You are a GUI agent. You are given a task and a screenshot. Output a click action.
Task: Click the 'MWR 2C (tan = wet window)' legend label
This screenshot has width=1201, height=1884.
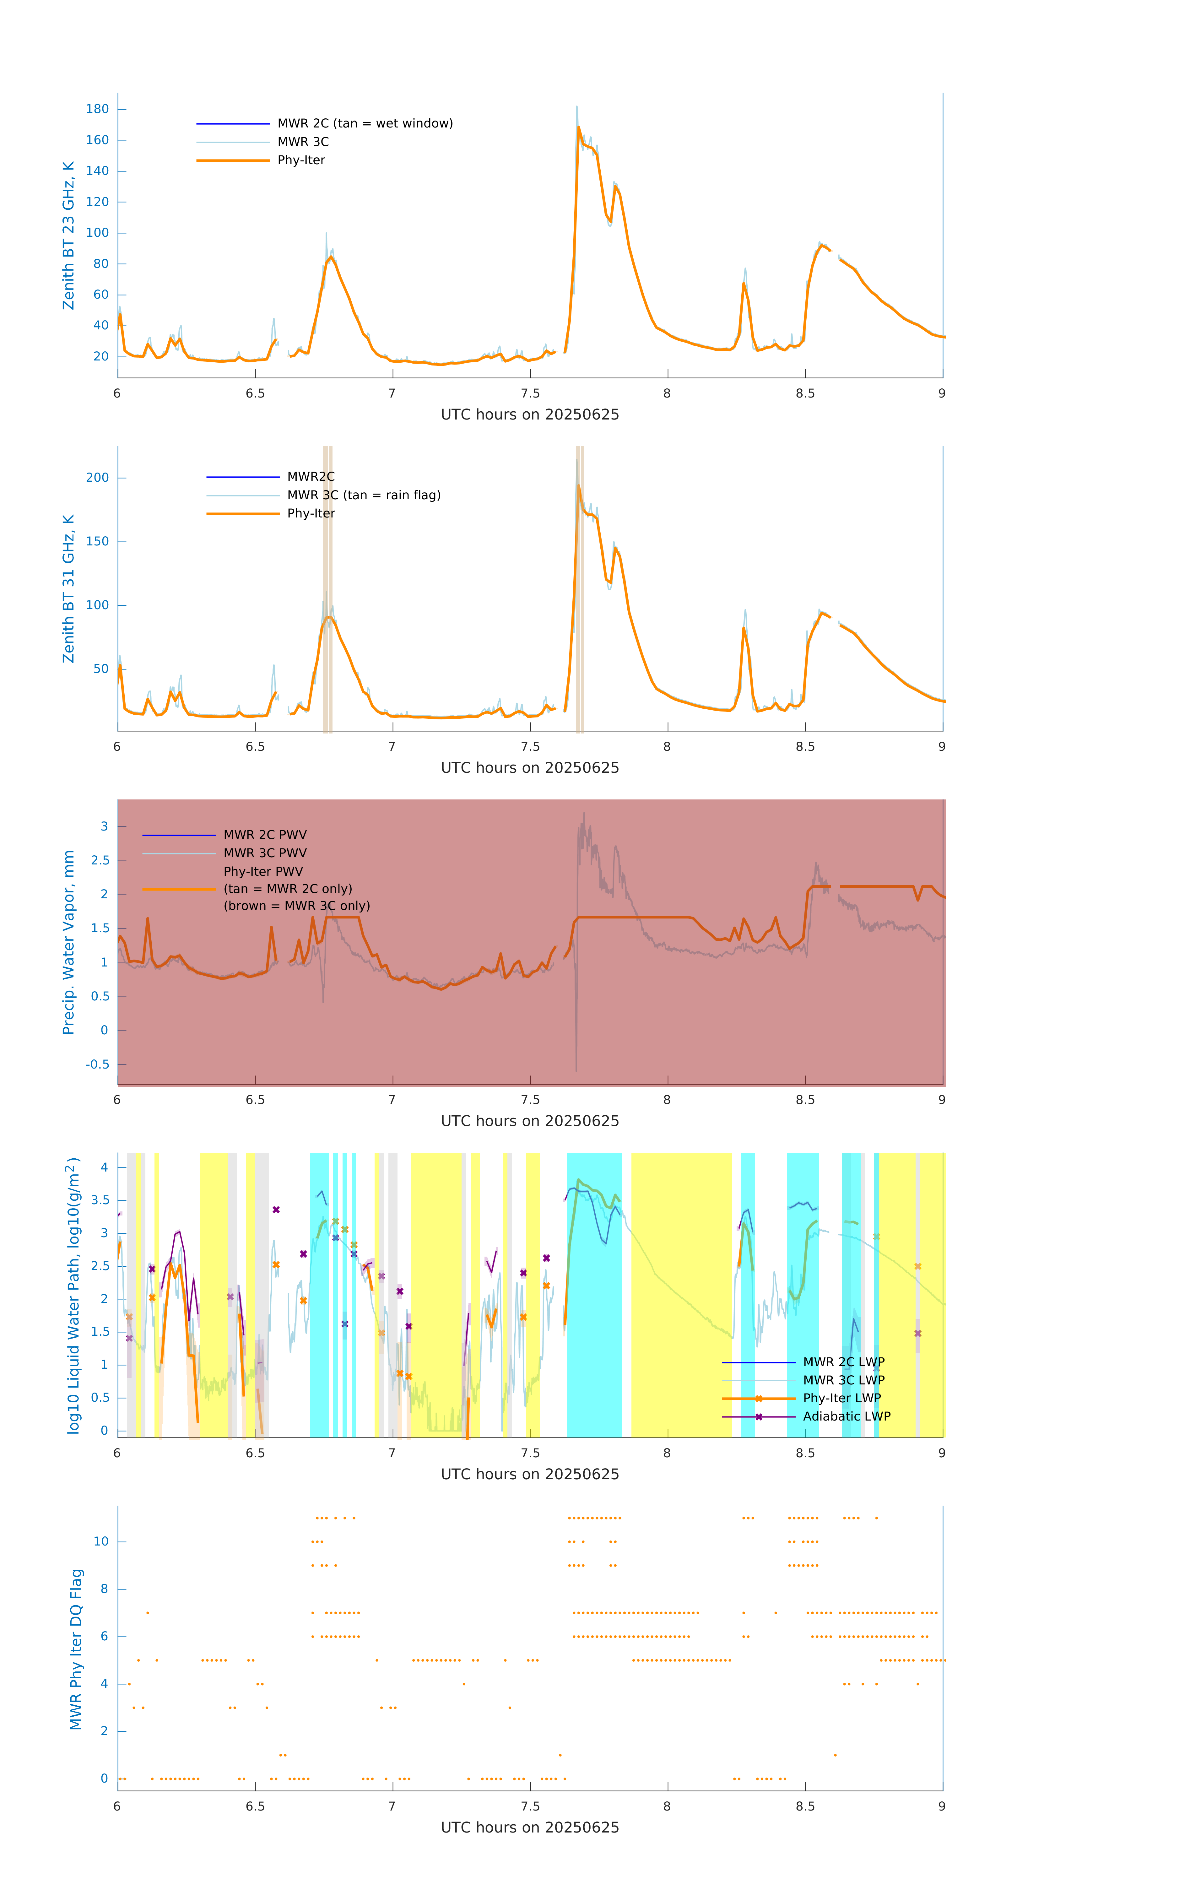tap(365, 124)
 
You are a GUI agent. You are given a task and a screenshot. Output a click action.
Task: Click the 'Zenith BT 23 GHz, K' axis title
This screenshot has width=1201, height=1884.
tap(69, 235)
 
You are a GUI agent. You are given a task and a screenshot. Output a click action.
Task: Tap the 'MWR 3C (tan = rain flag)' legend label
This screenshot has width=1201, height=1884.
tap(364, 495)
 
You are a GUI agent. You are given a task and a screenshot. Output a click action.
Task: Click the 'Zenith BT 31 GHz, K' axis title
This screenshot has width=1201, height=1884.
tap(69, 588)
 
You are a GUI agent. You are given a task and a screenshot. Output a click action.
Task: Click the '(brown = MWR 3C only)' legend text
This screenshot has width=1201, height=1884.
tap(296, 906)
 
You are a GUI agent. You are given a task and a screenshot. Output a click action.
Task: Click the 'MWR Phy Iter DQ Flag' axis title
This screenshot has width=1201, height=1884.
tap(76, 1648)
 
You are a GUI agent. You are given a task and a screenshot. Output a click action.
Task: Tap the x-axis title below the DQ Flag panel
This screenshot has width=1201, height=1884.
tap(530, 1828)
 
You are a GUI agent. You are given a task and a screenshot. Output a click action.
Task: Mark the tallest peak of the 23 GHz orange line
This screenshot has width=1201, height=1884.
tap(579, 127)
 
